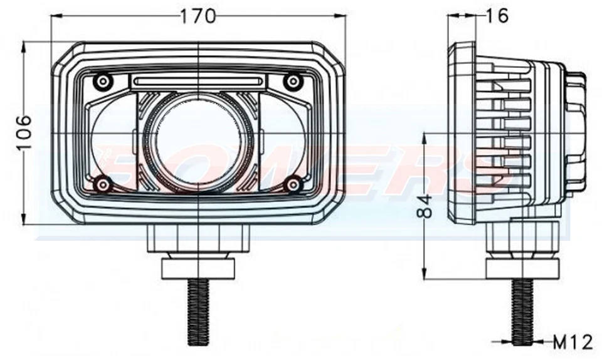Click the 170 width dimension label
coord(198,16)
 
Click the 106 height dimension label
coord(24,132)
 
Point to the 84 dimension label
coord(426,205)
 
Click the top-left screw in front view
coord(102,82)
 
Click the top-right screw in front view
coord(292,82)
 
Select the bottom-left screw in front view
coord(102,184)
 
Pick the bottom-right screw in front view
coord(292,184)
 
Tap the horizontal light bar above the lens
coord(198,80)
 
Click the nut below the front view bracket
coord(198,268)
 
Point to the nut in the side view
coord(522,268)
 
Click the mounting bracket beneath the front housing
coord(198,238)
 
